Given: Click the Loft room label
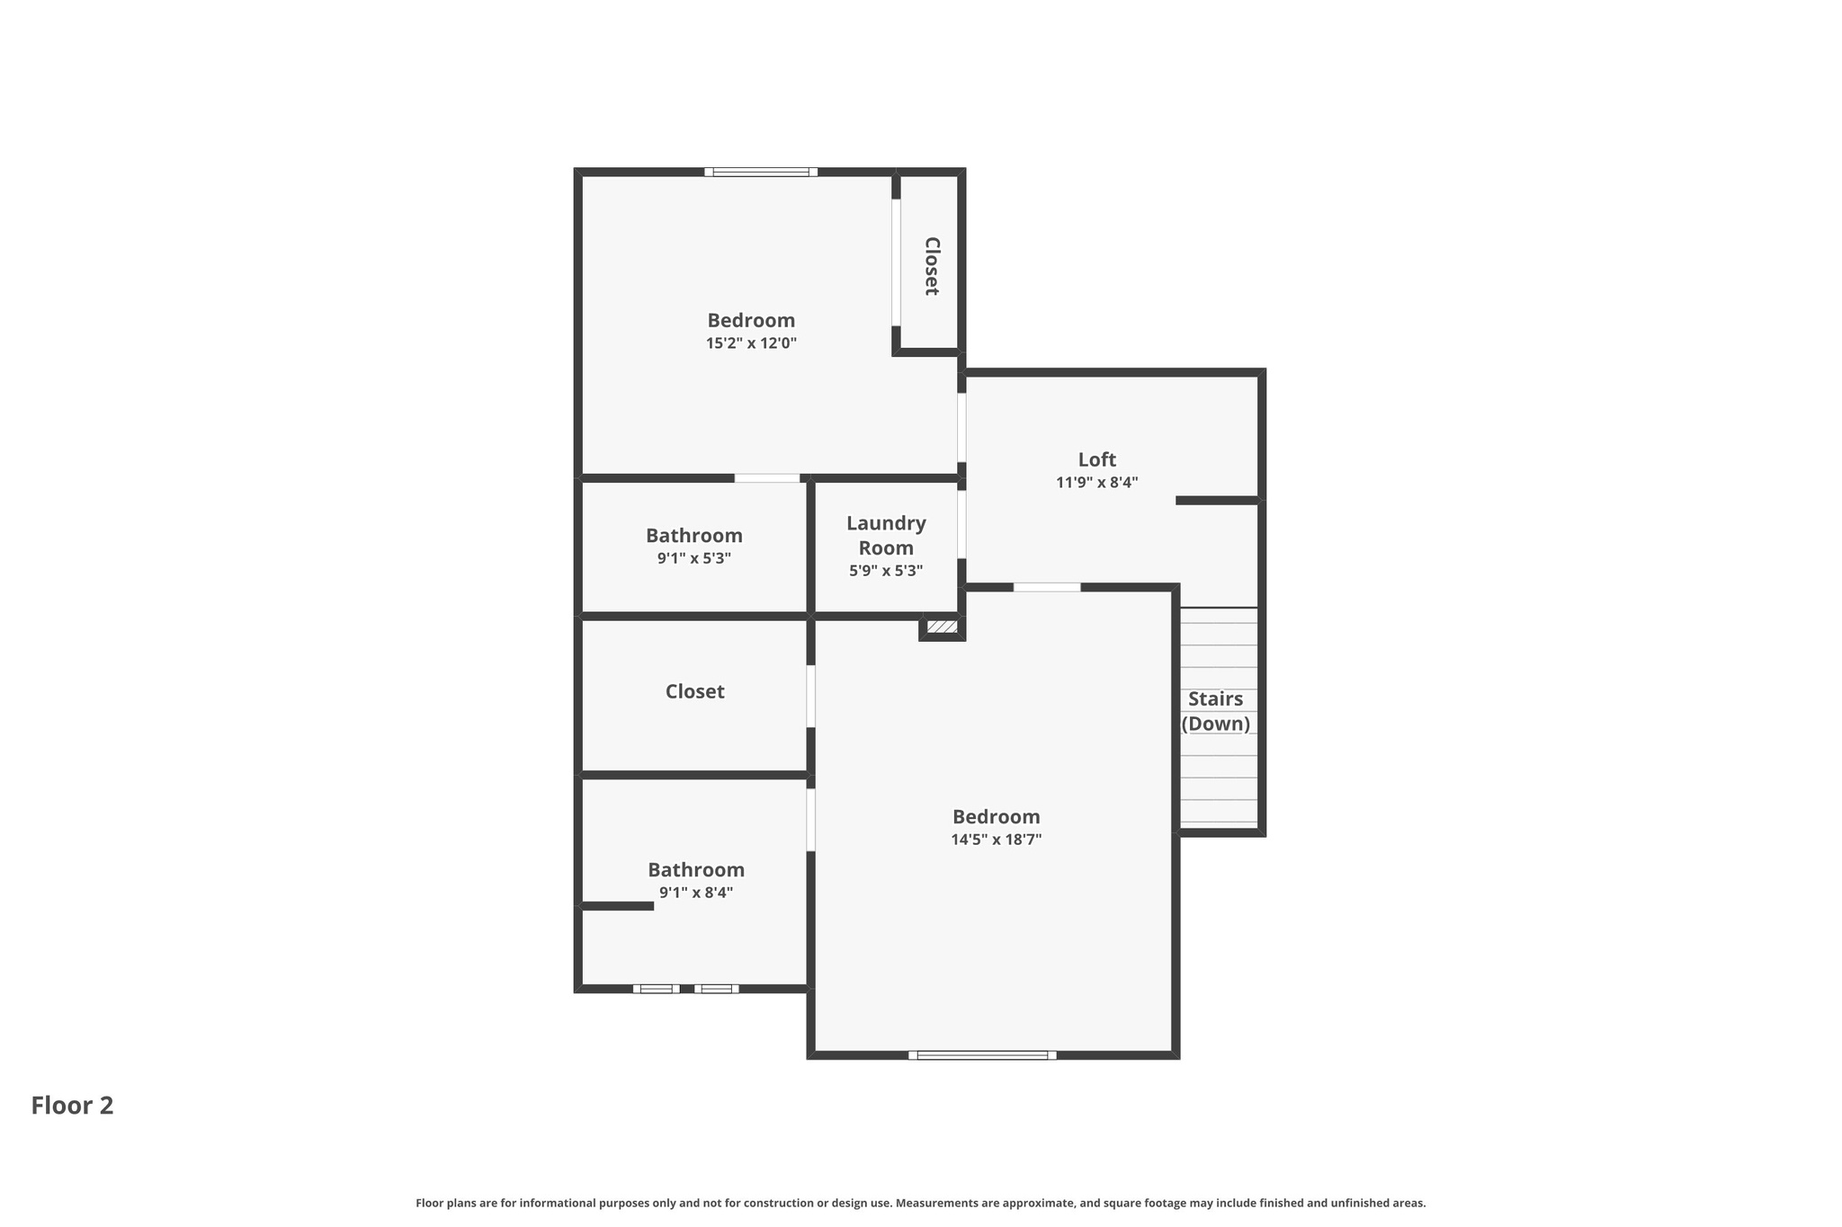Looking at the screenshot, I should [x=1096, y=459].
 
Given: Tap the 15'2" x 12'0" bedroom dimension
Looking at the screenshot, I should [x=751, y=343].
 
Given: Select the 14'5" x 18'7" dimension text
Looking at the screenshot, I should [x=996, y=840].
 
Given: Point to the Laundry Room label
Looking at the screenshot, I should [x=886, y=536].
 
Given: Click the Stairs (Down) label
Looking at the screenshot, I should [x=1215, y=711].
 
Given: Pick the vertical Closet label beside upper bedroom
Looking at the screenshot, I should [x=932, y=266].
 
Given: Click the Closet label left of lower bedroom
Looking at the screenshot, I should [x=694, y=691].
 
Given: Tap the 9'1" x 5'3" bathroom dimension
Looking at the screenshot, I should [x=693, y=558].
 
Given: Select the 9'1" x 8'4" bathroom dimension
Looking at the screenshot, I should [x=696, y=893].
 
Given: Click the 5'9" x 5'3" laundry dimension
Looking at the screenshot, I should [x=886, y=571].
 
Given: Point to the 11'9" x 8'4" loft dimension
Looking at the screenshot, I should [x=1096, y=483].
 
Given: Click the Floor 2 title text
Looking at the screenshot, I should [x=72, y=1105].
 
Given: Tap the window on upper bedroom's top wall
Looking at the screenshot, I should [x=761, y=172].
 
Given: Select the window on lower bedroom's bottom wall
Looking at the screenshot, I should [x=982, y=1055].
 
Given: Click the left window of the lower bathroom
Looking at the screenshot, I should [x=656, y=989].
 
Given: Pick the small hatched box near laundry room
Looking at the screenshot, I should [x=942, y=627].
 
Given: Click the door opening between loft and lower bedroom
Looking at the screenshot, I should [x=1047, y=587].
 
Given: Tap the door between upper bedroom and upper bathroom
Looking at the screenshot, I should [x=766, y=478].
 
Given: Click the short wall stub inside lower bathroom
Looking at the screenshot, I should [x=617, y=906].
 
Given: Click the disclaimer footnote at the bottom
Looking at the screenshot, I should [x=920, y=1203].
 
